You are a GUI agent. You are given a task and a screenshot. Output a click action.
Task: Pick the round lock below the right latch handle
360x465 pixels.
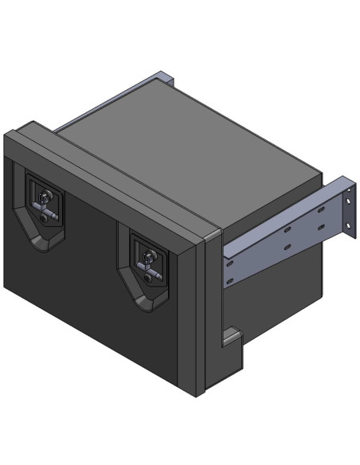click(148, 274)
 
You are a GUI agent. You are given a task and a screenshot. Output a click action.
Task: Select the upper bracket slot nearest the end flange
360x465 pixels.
click(320, 212)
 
